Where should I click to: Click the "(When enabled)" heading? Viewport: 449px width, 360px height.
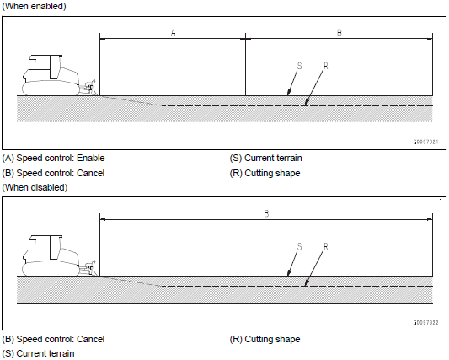(34, 6)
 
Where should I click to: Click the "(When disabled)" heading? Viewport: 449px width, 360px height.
(35, 187)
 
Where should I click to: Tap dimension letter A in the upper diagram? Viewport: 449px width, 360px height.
(173, 33)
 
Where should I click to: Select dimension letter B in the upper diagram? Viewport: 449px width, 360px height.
(339, 33)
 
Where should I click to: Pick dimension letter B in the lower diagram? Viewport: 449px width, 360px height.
(266, 213)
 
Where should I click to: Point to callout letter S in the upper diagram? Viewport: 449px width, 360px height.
(299, 66)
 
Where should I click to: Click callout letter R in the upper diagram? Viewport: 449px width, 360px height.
(325, 67)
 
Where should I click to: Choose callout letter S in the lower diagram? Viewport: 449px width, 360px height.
(299, 246)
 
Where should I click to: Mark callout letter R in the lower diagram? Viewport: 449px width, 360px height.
(325, 246)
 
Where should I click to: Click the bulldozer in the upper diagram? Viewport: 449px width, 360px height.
(59, 75)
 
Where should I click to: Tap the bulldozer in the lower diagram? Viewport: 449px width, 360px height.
(59, 255)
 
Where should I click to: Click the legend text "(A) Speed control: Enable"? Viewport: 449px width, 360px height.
(53, 158)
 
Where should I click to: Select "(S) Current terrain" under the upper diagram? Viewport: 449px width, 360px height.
(265, 158)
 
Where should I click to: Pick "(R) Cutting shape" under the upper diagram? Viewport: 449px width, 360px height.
(265, 173)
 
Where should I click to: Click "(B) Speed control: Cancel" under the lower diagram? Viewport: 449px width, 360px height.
(53, 340)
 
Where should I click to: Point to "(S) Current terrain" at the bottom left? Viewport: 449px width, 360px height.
(38, 354)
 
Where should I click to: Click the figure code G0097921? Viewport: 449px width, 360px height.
(425, 142)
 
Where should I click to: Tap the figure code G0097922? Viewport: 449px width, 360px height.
(425, 322)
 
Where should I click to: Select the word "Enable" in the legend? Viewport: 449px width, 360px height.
(91, 158)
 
